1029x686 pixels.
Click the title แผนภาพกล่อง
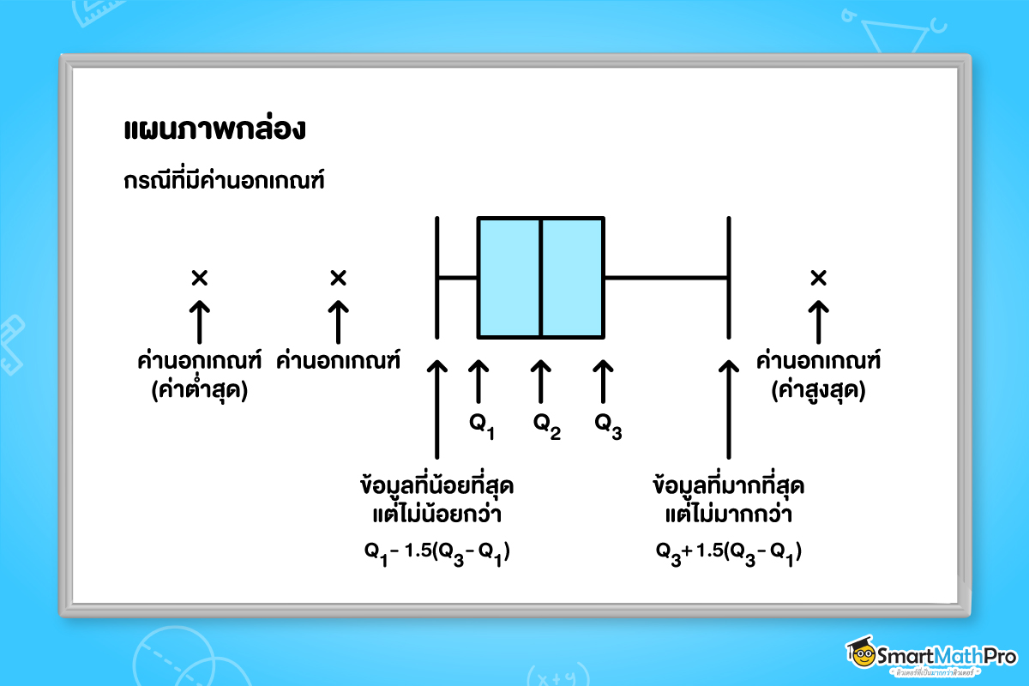pos(214,132)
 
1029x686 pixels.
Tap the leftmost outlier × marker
pos(199,277)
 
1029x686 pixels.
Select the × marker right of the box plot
pos(818,277)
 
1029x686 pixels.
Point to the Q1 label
pos(481,424)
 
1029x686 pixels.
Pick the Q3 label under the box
pos(607,424)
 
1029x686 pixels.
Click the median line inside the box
pos(540,277)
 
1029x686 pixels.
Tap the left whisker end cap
pos(438,277)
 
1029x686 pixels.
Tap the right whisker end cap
pos(728,277)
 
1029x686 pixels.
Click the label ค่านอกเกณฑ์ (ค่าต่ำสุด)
pos(199,376)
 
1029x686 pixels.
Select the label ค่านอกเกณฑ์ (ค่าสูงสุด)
pos(818,376)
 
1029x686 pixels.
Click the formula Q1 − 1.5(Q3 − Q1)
pos(437,551)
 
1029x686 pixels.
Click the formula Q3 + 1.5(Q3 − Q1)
pos(728,551)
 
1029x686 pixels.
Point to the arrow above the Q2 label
pos(540,381)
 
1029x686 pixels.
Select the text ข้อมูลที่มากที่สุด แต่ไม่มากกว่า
pos(728,500)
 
